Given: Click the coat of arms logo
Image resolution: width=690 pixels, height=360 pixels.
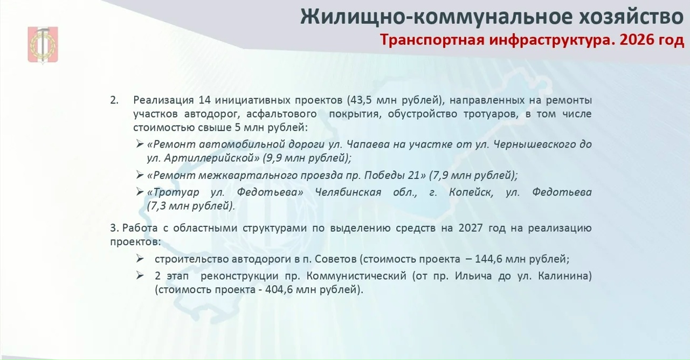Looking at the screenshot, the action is [x=43, y=45].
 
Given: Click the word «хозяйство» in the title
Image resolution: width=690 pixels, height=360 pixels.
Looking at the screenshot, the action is [x=631, y=16].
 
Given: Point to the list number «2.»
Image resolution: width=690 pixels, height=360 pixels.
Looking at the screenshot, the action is [x=114, y=100].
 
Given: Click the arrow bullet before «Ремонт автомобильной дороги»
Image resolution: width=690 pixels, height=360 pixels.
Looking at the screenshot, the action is [x=140, y=144].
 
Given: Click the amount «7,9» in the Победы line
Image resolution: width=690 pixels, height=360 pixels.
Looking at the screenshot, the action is [x=439, y=176].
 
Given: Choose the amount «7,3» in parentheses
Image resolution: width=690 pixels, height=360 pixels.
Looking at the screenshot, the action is [x=157, y=206].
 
